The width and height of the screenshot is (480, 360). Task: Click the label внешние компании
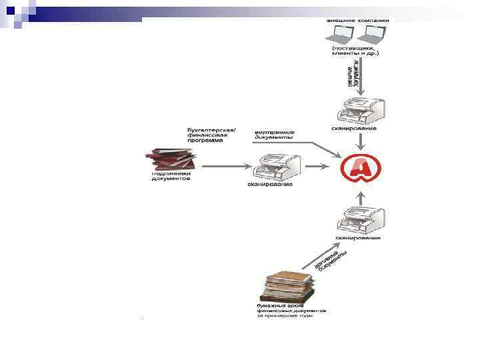coord(357,21)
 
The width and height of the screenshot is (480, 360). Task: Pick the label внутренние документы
coord(274,135)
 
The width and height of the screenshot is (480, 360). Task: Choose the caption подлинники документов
coord(171,176)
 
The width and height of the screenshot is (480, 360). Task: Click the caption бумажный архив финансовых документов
coord(291,311)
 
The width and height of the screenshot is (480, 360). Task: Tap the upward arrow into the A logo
coord(360,197)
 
